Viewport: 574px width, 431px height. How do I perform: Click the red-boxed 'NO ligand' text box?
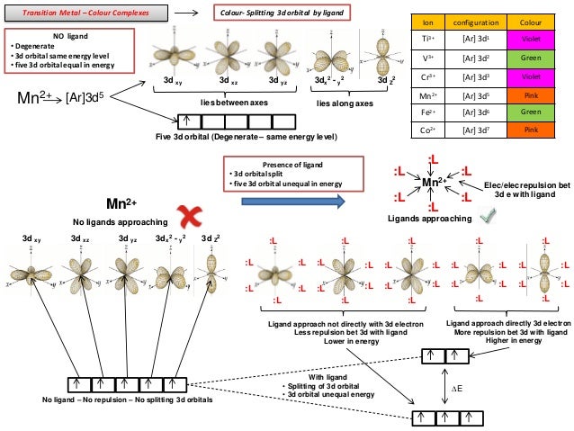pos(69,51)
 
